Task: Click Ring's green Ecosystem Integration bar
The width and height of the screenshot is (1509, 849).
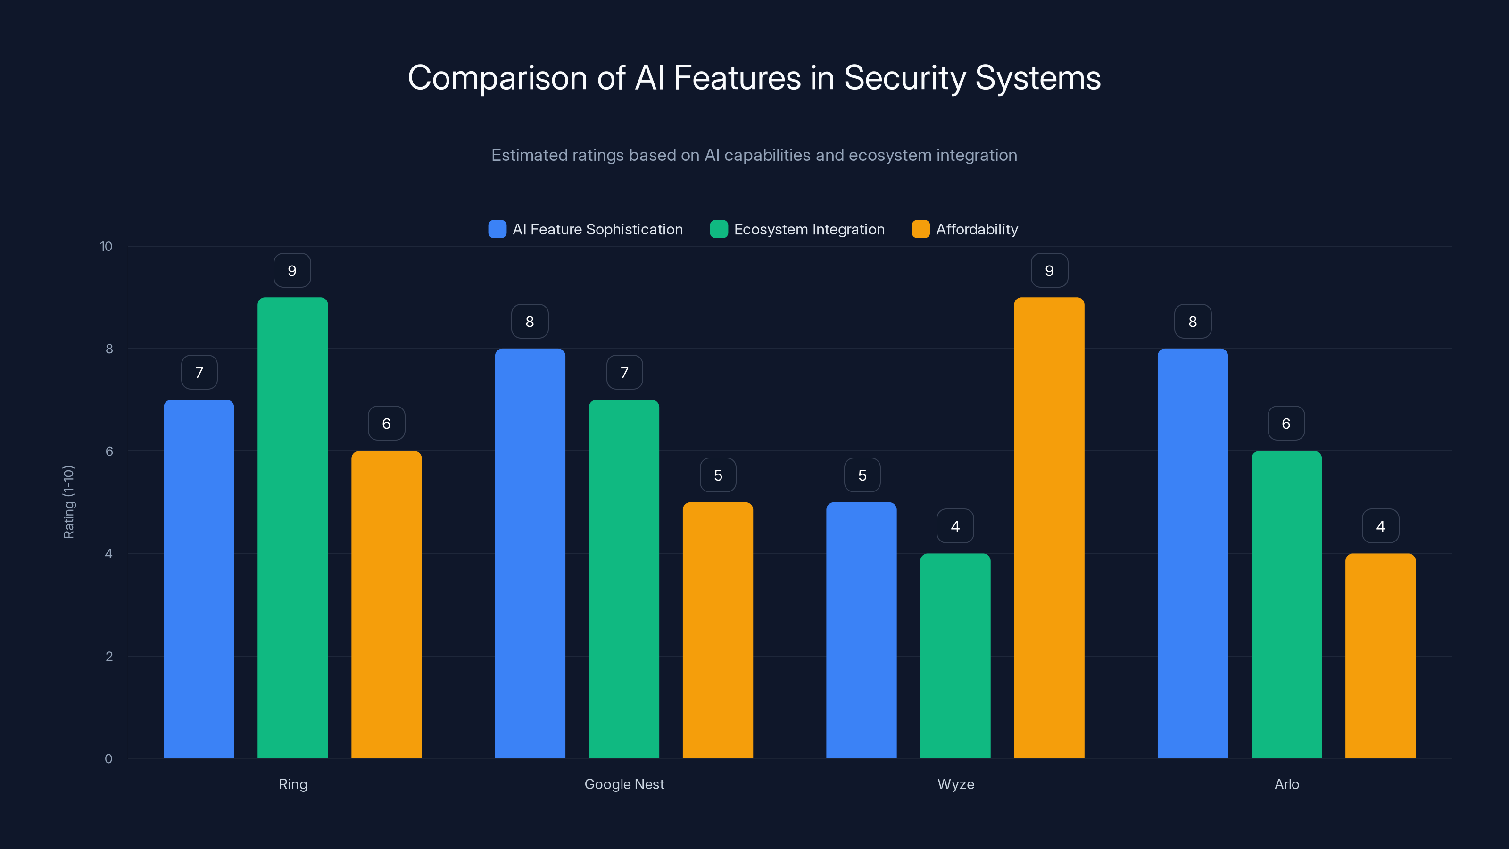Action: pos(292,527)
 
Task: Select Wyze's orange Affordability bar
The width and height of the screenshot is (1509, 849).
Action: pos(1049,527)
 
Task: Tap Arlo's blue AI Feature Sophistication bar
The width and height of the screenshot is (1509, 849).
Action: pos(1192,553)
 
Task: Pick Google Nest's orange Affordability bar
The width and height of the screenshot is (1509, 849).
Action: pos(718,630)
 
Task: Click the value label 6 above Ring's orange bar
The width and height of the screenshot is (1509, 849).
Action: pos(386,423)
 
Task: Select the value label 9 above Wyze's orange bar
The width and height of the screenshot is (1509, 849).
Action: pos(1049,270)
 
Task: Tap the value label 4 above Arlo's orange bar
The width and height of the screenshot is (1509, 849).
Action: pos(1380,526)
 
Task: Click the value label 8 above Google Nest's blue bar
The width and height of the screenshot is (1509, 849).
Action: pos(530,321)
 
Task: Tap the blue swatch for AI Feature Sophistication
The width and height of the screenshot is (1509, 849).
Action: pos(497,229)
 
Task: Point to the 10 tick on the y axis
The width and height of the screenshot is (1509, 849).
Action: pos(106,246)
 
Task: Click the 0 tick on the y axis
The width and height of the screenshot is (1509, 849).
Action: pos(108,759)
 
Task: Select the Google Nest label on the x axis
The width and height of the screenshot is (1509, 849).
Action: pos(624,784)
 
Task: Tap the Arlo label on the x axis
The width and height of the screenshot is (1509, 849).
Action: pos(1286,784)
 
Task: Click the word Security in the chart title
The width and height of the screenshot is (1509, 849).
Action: pos(904,77)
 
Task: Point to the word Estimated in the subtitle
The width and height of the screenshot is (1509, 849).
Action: pos(529,155)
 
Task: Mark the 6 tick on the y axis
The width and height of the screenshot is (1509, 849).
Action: pos(109,451)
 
